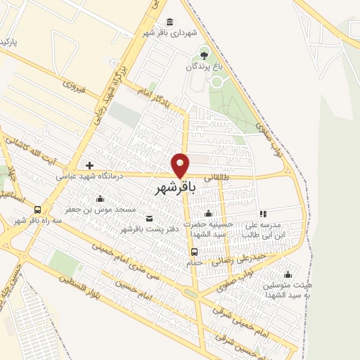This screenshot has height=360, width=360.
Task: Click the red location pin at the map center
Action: (x=181, y=165)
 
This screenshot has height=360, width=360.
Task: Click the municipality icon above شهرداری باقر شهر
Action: (x=169, y=22)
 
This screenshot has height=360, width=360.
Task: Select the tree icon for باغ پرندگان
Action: (x=204, y=54)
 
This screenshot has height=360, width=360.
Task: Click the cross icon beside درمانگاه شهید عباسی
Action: (x=89, y=165)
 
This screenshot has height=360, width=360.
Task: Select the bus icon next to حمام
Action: (x=195, y=252)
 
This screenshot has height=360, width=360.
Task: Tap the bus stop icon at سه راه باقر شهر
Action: (x=37, y=210)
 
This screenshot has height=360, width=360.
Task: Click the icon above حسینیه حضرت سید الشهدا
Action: (x=207, y=213)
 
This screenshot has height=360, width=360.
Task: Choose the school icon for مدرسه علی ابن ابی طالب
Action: (x=263, y=213)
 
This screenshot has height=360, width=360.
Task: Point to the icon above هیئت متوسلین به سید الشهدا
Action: (x=287, y=275)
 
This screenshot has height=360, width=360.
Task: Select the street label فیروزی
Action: (x=73, y=86)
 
